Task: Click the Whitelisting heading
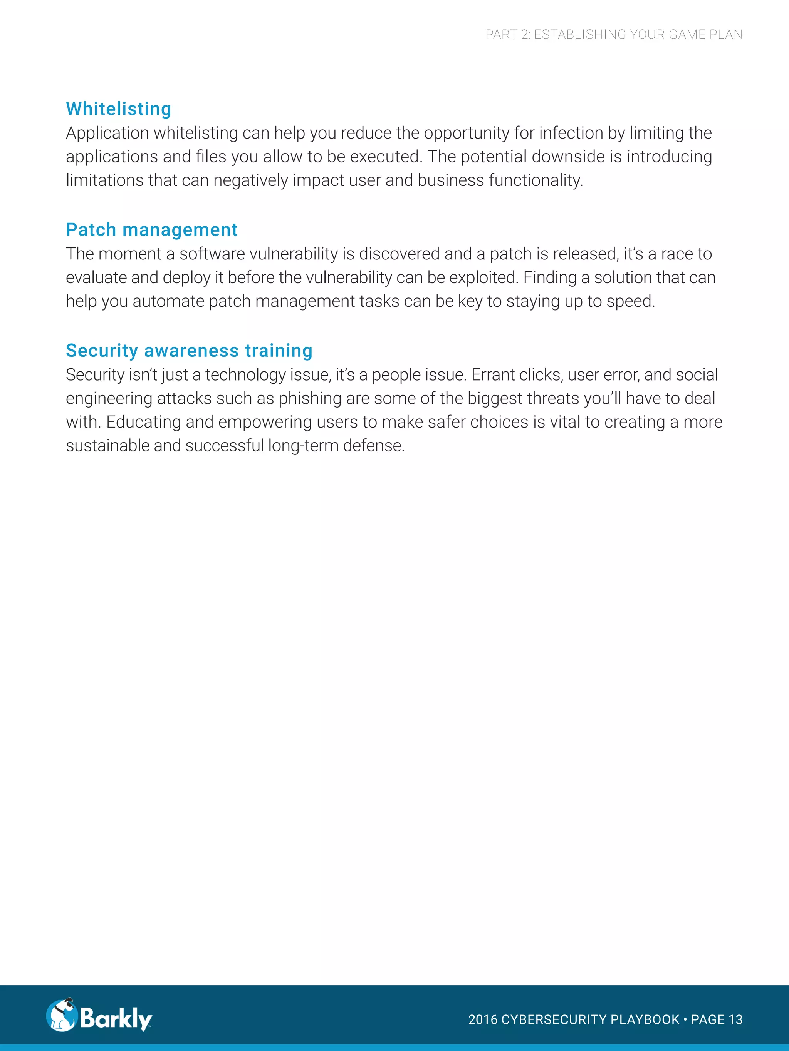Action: coord(118,109)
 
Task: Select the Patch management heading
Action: coord(152,230)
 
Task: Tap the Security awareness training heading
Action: coord(189,351)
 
